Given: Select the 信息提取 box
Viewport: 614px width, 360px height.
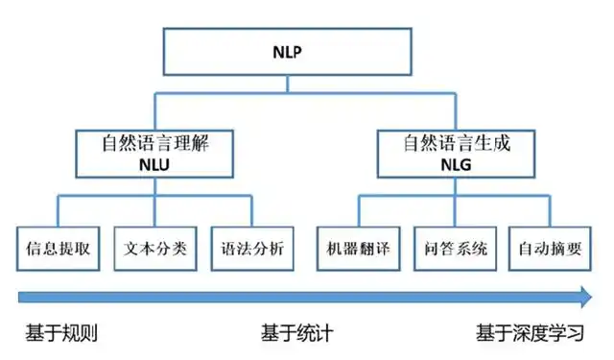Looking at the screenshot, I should (58, 249).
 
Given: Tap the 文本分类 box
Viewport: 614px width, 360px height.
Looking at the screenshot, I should (155, 249).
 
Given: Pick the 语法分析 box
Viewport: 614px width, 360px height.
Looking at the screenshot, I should (252, 249).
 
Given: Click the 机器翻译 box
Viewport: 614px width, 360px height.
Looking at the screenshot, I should (357, 249).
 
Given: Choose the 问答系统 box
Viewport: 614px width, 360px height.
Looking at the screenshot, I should (455, 249).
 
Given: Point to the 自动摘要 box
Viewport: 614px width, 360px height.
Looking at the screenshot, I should (549, 249).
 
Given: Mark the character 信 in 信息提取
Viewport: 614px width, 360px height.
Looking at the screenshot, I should (34, 249).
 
